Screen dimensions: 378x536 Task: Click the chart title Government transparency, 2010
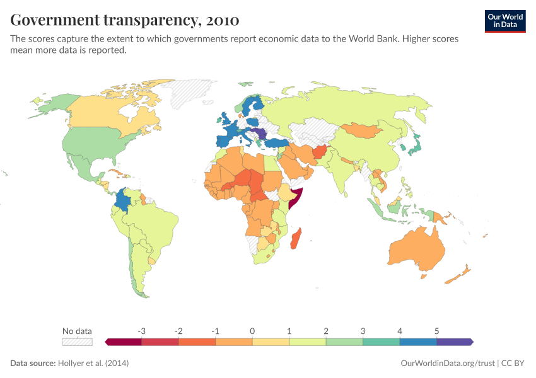pyautogui.click(x=124, y=20)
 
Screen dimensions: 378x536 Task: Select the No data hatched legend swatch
pyautogui.click(x=77, y=341)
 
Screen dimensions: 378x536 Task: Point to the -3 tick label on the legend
pyautogui.click(x=142, y=331)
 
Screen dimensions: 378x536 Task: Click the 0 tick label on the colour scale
pyautogui.click(x=252, y=331)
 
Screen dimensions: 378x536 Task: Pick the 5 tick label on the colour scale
pyautogui.click(x=436, y=331)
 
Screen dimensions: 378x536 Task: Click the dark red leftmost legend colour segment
pyautogui.click(x=124, y=341)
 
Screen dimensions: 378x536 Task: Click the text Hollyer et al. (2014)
pyautogui.click(x=93, y=364)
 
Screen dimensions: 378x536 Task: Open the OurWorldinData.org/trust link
pyautogui.click(x=447, y=364)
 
